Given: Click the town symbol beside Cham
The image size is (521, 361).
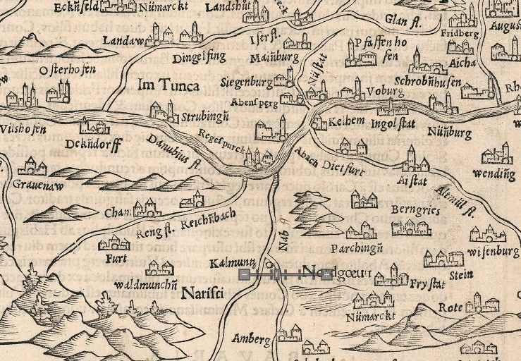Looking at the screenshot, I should [147, 207].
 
